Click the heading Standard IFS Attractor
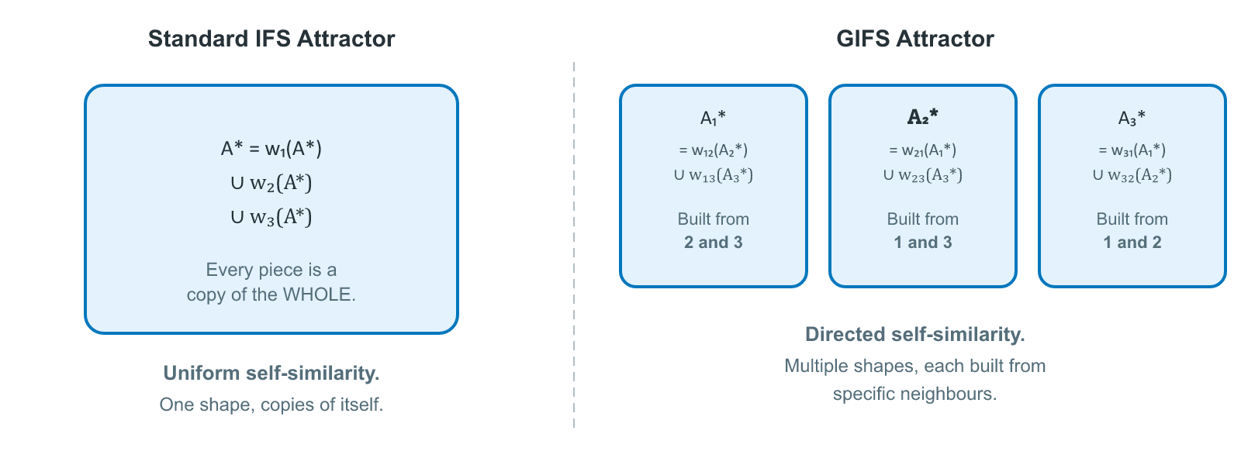click(271, 39)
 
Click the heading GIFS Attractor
click(914, 39)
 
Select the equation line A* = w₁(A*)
click(271, 149)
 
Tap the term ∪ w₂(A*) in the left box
click(271, 183)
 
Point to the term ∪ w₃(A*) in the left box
click(271, 217)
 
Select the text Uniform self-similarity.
click(271, 374)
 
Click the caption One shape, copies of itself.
click(271, 405)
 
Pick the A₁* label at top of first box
click(713, 118)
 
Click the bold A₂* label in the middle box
click(922, 117)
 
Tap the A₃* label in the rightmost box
click(1132, 118)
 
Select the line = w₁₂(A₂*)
click(713, 150)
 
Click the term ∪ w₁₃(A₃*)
click(713, 175)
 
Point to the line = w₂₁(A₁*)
click(922, 150)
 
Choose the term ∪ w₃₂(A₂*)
click(1132, 175)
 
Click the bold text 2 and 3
click(713, 243)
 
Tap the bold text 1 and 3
click(922, 243)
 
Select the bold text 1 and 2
click(1132, 243)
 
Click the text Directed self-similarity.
click(914, 335)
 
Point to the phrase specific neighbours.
click(914, 394)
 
